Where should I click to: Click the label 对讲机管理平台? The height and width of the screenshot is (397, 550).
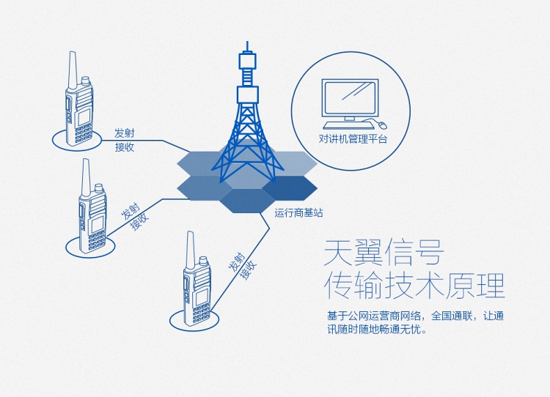353,138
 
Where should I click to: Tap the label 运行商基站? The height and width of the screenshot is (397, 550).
298,212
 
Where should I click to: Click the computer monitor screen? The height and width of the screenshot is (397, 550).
351,97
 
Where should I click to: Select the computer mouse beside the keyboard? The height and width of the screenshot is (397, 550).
383,125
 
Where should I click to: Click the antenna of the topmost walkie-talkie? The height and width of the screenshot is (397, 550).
73,71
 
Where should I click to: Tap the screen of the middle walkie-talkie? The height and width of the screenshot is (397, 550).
97,225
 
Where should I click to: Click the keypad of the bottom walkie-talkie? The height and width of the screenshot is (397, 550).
202,313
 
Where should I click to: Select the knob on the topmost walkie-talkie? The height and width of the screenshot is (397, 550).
85,81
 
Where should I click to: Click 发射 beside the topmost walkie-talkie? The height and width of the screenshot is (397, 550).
124,133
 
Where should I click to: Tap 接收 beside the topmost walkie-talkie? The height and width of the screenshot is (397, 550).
125,147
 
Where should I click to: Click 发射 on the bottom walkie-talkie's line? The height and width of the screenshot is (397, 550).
237,261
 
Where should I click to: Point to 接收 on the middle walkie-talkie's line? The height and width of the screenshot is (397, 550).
140,220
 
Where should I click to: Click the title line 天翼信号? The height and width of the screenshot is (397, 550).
384,253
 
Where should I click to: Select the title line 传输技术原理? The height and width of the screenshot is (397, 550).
414,286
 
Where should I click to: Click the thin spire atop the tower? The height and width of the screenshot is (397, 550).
248,47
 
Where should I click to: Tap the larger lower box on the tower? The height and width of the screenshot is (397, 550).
248,94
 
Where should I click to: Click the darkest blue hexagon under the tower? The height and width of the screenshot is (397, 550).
290,188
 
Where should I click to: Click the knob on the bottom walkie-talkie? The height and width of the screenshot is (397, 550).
203,261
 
